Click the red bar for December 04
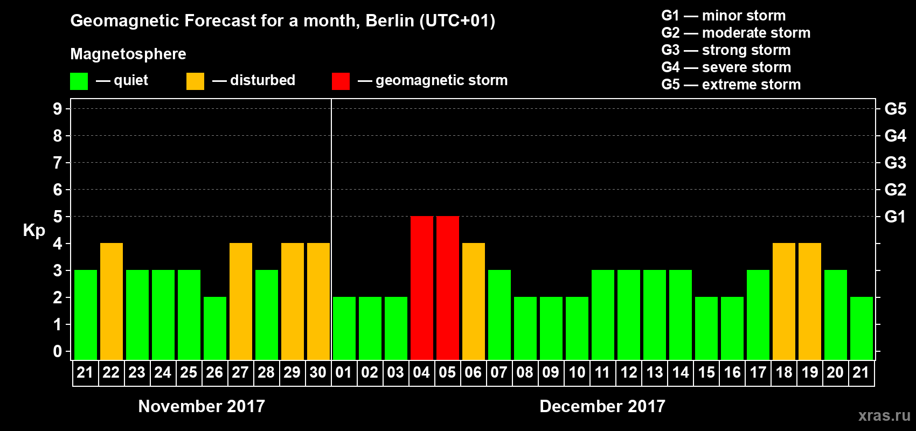pyautogui.click(x=422, y=288)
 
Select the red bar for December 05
pyautogui.click(x=448, y=288)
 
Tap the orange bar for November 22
pyautogui.click(x=112, y=301)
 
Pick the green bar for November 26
pyautogui.click(x=215, y=328)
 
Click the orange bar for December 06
pyautogui.click(x=474, y=301)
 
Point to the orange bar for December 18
pyautogui.click(x=784, y=301)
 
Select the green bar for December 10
pyautogui.click(x=577, y=328)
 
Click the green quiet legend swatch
pyautogui.click(x=79, y=81)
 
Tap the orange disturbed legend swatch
pyautogui.click(x=195, y=81)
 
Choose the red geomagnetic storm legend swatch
pyautogui.click(x=341, y=81)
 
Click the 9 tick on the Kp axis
pyautogui.click(x=58, y=109)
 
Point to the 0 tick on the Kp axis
pyautogui.click(x=58, y=351)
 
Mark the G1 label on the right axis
pyautogui.click(x=895, y=217)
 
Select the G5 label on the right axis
pyautogui.click(x=895, y=109)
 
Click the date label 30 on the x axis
pyautogui.click(x=318, y=372)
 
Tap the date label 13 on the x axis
pyautogui.click(x=655, y=372)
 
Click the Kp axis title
pyautogui.click(x=34, y=230)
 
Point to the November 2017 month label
pyautogui.click(x=202, y=406)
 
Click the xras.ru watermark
pyautogui.click(x=884, y=415)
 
